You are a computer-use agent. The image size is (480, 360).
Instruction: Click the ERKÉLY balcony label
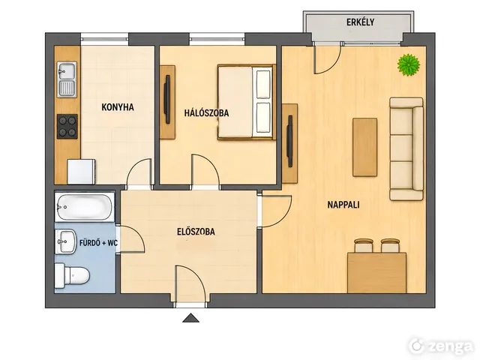pos(360,22)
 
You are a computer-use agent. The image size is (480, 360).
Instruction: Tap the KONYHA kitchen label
pos(118,107)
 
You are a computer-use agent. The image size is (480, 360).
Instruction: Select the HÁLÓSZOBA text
pos(206,112)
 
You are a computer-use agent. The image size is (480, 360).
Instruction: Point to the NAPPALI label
pos(343,205)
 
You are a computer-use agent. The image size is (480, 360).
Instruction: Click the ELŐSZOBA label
pos(196,232)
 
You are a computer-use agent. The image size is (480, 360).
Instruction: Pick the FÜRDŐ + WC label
pos(98,243)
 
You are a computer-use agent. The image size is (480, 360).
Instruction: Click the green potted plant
pos(409,64)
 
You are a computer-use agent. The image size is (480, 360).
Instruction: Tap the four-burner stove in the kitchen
pos(67,127)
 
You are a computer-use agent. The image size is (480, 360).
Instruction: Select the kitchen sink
pos(67,79)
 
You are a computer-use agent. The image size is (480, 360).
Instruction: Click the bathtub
pos(85,207)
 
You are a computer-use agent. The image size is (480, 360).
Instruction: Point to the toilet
pos(72,275)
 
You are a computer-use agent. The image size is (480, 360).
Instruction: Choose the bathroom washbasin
pos(66,241)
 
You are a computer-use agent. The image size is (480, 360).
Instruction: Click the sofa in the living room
pos(406,149)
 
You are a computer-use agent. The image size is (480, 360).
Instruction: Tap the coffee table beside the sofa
pos(365,148)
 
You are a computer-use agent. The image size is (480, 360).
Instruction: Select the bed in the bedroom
pos(245,102)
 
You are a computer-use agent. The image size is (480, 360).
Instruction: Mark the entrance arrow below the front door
pos(191,318)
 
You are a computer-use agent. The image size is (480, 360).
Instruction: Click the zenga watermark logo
pos(441,346)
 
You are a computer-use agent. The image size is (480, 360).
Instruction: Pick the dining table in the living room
pos(376,272)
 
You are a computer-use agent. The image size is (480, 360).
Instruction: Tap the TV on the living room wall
pos(289,141)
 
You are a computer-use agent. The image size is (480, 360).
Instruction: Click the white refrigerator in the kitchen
pos(82,172)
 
